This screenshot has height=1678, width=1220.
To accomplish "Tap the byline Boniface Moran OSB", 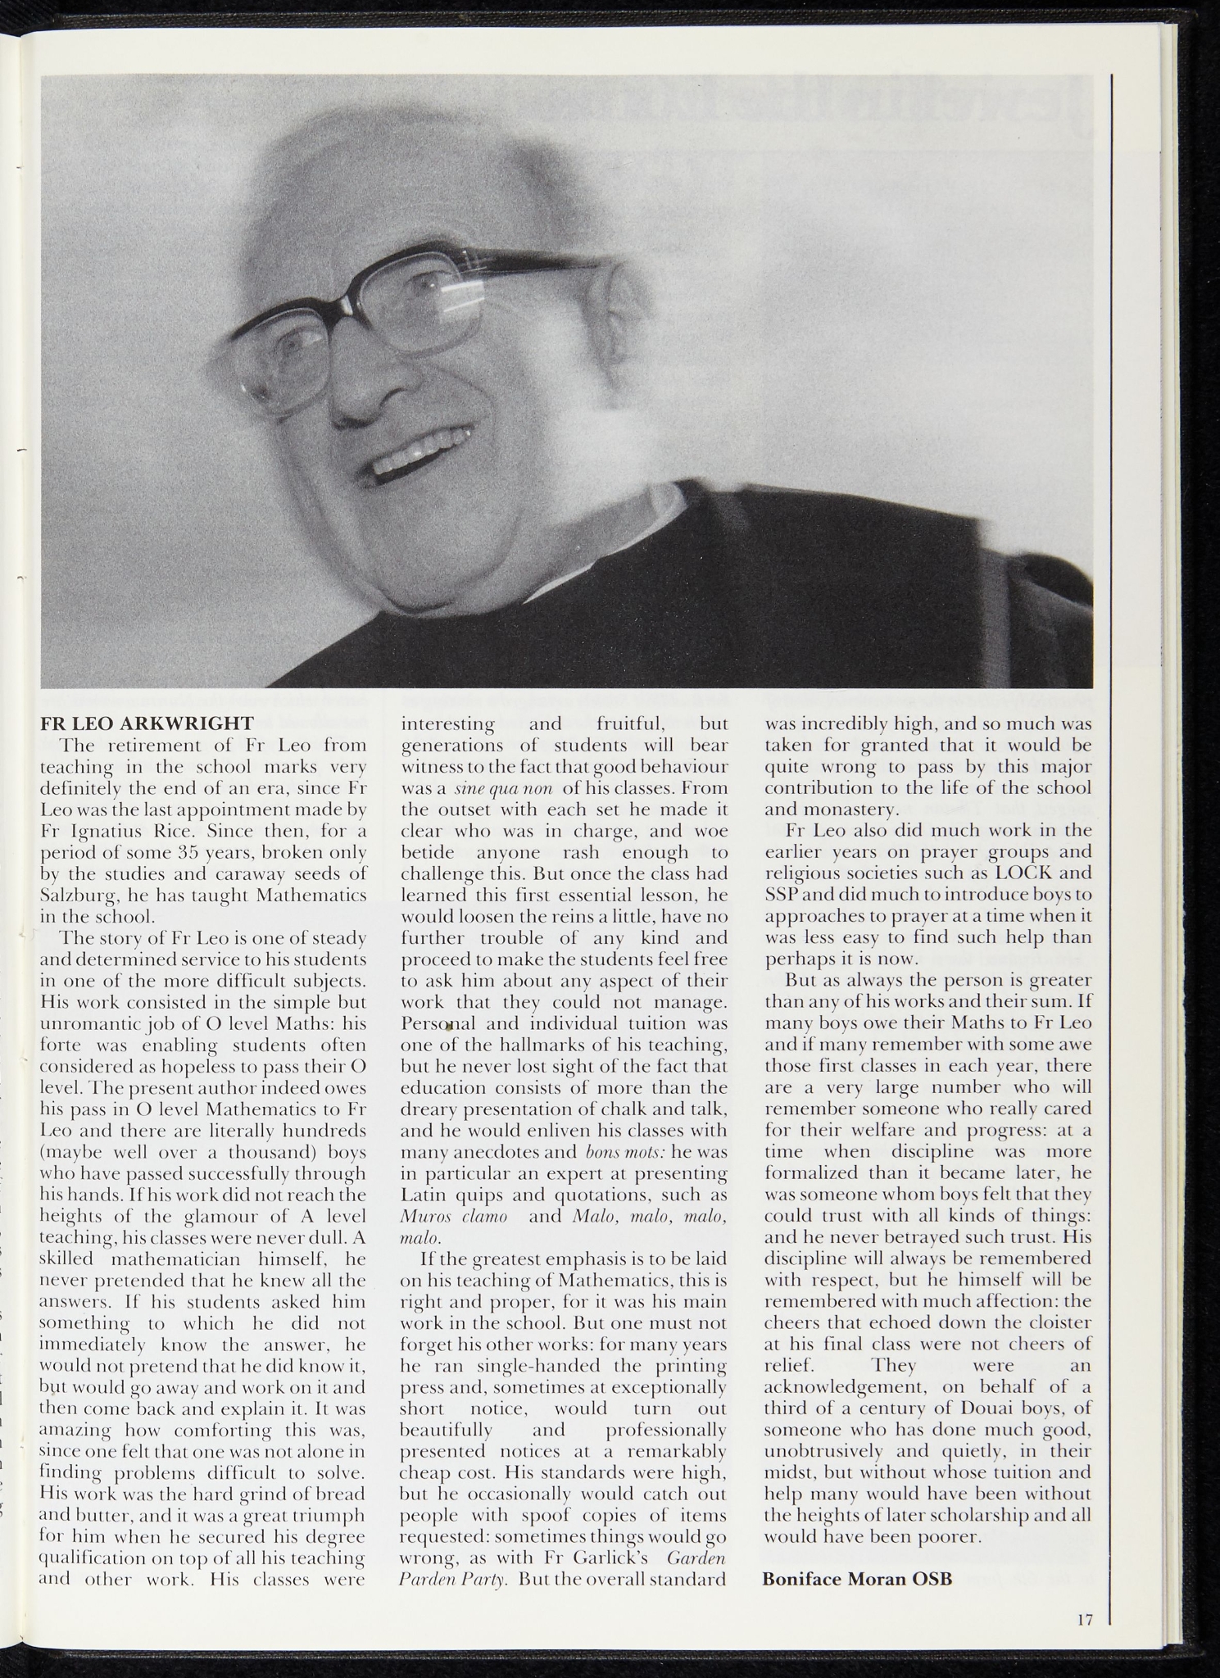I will point(857,1579).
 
